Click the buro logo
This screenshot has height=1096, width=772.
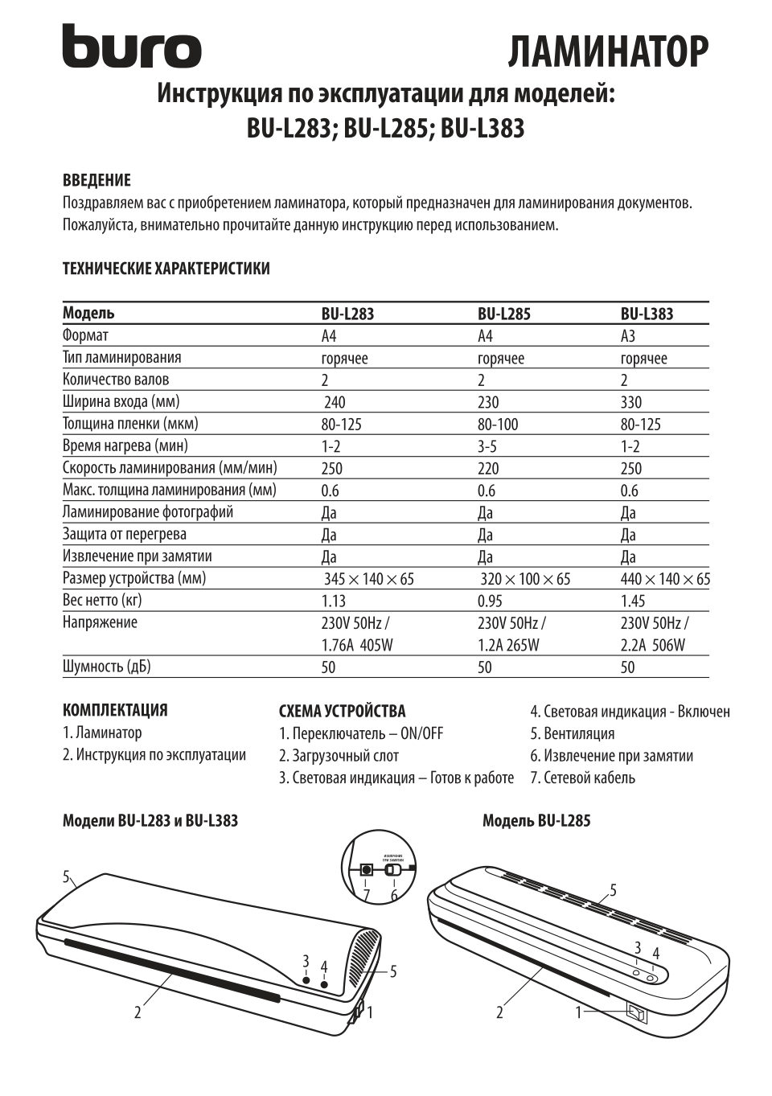pos(132,47)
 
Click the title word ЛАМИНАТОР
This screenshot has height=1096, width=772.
pos(608,52)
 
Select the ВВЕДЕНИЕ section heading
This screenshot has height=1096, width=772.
pos(96,180)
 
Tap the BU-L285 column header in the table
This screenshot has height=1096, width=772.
pos(504,314)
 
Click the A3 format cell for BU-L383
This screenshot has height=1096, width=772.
pos(628,336)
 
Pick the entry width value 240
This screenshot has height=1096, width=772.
pos(335,402)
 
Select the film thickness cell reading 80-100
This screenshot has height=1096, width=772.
pos(498,424)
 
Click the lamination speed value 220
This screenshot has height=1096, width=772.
pos(488,469)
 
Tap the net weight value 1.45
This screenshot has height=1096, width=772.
pos(634,601)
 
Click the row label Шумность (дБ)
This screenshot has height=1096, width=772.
pos(107,667)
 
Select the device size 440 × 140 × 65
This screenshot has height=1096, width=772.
pos(665,579)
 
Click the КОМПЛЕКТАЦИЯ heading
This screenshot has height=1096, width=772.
pos(115,710)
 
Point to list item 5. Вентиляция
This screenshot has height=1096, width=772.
pos(572,733)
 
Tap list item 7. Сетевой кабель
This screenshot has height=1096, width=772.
pos(582,778)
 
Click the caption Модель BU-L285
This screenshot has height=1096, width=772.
pos(536,821)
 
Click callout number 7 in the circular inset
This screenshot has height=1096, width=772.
pos(367,894)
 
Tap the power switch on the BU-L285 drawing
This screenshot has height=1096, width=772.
pos(636,1014)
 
